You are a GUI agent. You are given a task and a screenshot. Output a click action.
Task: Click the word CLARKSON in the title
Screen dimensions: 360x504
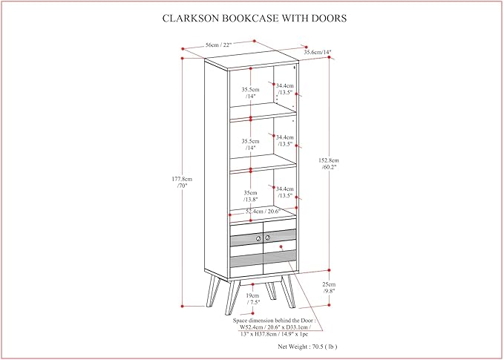(192, 17)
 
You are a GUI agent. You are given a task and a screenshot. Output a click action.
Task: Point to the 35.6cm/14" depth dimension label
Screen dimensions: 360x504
(317, 52)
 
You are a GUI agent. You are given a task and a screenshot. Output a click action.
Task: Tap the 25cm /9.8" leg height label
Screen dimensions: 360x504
(329, 288)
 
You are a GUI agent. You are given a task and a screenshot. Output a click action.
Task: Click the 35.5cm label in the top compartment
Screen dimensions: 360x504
(250, 94)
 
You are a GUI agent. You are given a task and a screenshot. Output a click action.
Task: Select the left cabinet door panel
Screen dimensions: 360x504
(246, 250)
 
